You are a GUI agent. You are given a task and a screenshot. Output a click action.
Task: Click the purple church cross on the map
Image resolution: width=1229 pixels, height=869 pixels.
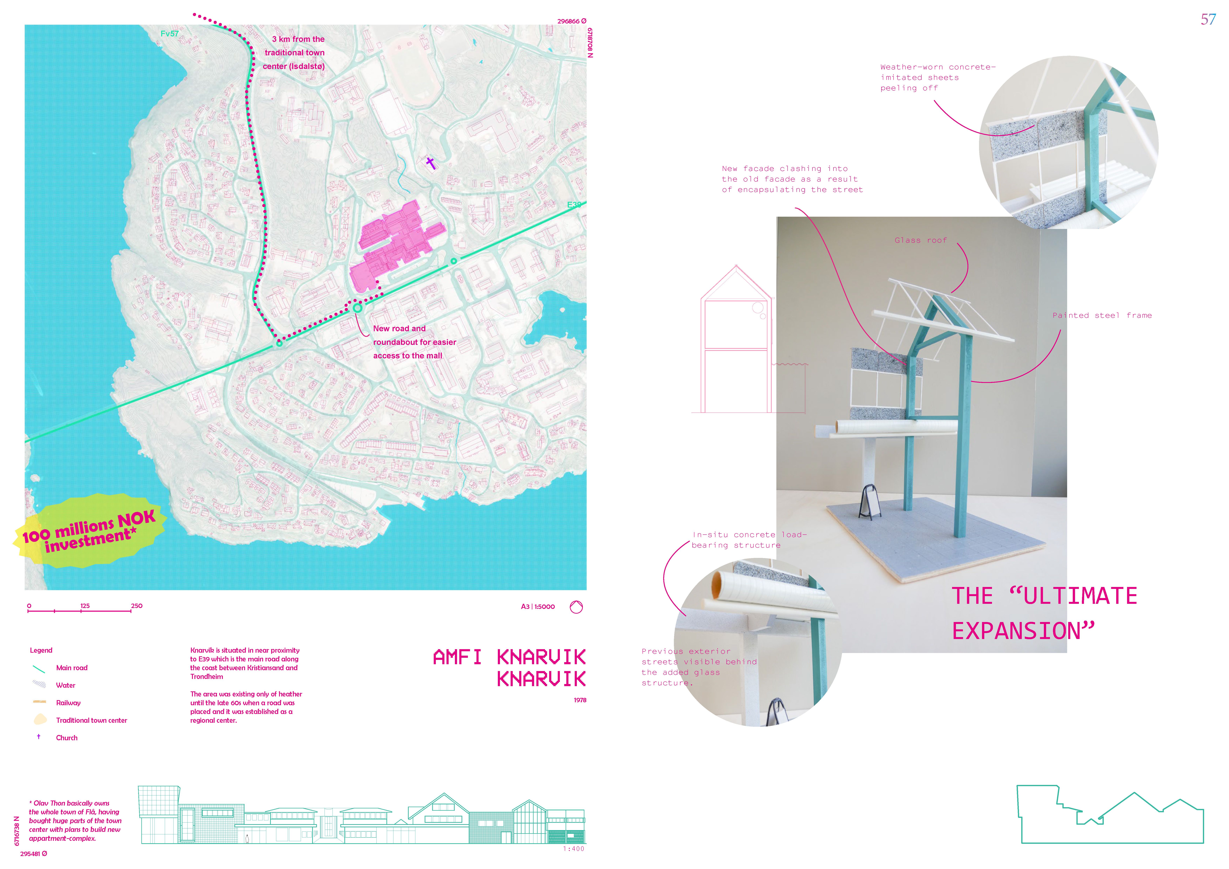coord(430,162)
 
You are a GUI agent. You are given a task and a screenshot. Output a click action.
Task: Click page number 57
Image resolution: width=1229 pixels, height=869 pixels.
coord(1208,20)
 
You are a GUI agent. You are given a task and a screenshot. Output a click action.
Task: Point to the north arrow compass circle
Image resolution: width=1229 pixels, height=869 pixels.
coord(576,607)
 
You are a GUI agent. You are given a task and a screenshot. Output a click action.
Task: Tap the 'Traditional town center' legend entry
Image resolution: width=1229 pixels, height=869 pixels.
coord(92,720)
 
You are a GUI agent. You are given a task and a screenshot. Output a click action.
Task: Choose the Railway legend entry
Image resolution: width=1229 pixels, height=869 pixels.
coord(68,702)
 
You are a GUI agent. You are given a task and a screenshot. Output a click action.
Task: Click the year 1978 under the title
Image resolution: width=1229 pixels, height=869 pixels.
coord(580,700)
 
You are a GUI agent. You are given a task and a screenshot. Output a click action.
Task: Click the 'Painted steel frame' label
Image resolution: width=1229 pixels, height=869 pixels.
coord(1102,315)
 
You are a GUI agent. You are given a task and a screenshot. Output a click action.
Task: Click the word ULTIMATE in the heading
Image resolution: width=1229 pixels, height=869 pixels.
coord(1080,596)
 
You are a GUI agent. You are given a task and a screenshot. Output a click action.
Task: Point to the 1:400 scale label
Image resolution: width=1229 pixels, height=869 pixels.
coord(573,849)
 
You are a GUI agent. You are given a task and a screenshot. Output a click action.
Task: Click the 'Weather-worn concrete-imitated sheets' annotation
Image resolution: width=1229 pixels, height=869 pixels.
coord(937,78)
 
